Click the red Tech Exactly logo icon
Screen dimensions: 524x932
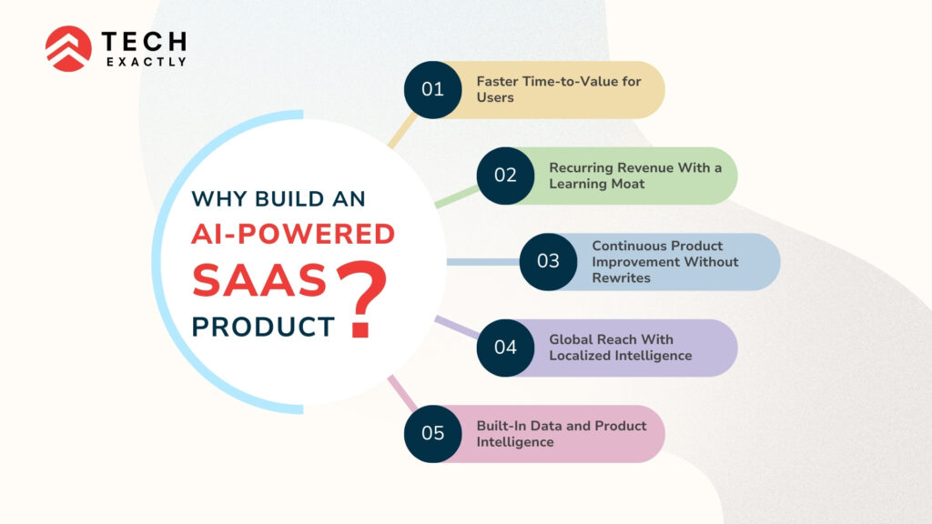click(x=68, y=48)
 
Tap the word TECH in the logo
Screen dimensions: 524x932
click(x=145, y=41)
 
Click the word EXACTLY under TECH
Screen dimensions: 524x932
click(x=145, y=62)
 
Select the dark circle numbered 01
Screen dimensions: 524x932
click(x=432, y=89)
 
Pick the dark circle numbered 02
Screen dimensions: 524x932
click(x=505, y=176)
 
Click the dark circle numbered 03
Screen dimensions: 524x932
click(x=548, y=262)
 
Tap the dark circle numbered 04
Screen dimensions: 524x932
click(x=505, y=348)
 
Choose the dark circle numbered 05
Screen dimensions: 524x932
click(x=432, y=433)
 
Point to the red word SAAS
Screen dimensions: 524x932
click(x=258, y=281)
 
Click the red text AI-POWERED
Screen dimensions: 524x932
click(x=292, y=235)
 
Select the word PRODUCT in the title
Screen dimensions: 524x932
click(x=263, y=327)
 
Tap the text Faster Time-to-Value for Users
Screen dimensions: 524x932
click(x=558, y=89)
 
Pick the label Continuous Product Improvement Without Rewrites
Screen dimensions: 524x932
click(x=664, y=262)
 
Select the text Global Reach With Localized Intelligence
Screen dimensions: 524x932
click(x=620, y=348)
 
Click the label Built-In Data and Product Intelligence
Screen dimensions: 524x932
click(x=562, y=433)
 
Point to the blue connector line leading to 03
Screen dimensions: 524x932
click(x=482, y=262)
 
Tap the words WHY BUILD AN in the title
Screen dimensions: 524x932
click(x=278, y=198)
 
